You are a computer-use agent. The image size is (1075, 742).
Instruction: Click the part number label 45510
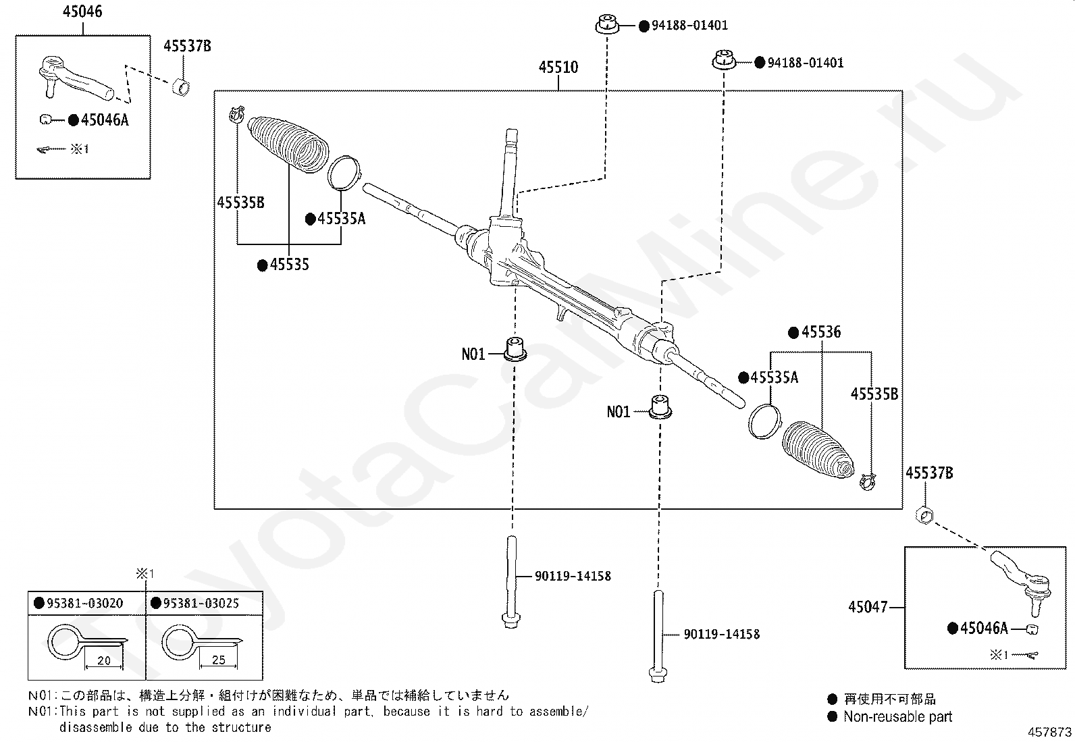(558, 68)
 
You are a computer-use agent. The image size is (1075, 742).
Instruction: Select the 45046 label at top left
(82, 11)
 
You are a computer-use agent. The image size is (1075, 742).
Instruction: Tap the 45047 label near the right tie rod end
(868, 607)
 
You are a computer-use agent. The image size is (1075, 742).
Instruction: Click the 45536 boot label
(821, 332)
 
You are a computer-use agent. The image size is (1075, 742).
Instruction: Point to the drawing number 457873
(1049, 733)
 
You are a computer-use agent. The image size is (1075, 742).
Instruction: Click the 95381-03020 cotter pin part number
(85, 604)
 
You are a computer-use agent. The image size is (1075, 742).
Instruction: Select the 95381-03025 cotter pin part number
(201, 604)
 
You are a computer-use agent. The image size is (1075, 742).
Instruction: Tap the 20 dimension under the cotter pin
(104, 661)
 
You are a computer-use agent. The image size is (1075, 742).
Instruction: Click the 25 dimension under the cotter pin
(219, 660)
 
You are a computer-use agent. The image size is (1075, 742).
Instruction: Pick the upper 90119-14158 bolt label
(573, 576)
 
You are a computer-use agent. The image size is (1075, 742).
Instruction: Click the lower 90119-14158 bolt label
(722, 635)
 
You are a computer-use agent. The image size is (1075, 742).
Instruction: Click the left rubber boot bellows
(288, 143)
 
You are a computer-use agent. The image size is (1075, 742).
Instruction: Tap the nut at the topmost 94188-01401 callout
(607, 24)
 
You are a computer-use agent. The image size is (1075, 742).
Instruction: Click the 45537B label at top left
(187, 46)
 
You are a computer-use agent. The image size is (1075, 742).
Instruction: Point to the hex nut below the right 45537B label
(924, 515)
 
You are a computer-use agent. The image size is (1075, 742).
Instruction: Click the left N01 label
(473, 354)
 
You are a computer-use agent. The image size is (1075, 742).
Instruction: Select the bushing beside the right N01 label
(660, 407)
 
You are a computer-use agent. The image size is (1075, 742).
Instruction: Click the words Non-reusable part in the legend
(898, 717)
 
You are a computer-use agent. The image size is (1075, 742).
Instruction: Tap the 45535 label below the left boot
(290, 265)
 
